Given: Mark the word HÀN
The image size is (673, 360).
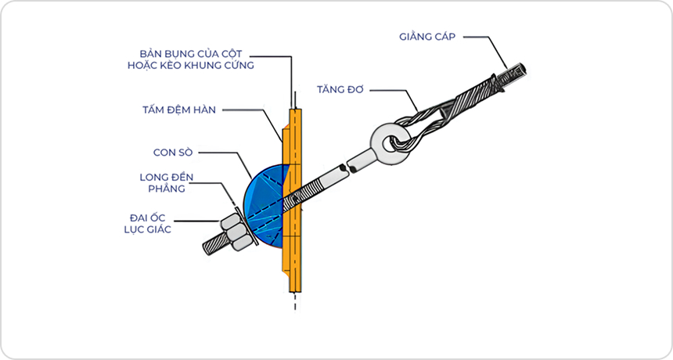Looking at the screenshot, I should [203, 110].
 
